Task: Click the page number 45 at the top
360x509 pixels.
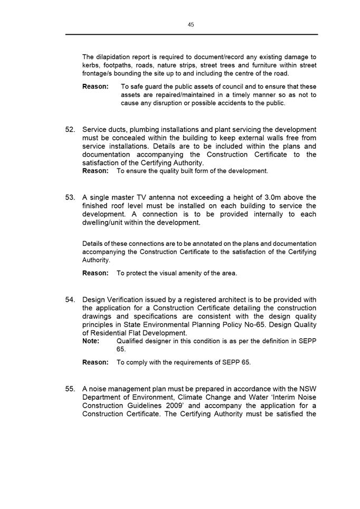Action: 191,24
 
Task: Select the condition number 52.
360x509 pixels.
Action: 70,130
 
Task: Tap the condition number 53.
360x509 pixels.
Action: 70,197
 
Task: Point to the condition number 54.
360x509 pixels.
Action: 70,300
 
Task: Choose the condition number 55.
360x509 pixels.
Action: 70,389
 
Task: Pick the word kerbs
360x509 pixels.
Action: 91,65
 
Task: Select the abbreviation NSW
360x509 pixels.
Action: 307,389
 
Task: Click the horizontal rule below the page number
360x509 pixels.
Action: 192,35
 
